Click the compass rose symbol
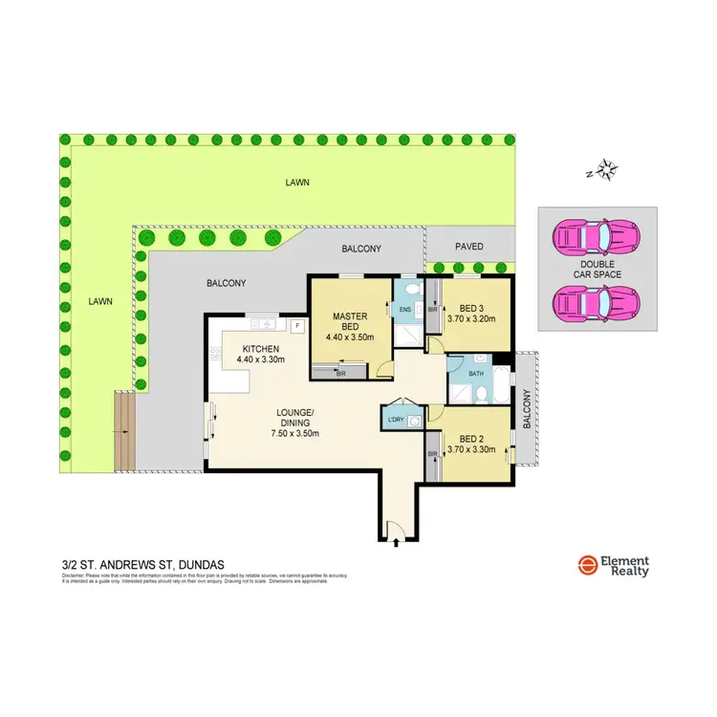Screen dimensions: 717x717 (x=605, y=172)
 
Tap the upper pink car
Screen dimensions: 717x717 (x=598, y=233)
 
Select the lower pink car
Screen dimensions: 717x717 (x=598, y=303)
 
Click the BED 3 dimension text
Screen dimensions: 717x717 (x=470, y=319)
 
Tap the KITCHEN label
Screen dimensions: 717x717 (x=260, y=348)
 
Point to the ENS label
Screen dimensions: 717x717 (x=404, y=310)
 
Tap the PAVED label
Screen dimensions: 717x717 (x=468, y=247)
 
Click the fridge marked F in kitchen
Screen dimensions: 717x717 (x=298, y=326)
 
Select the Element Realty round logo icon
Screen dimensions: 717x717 (x=587, y=565)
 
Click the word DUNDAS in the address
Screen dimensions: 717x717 (x=200, y=565)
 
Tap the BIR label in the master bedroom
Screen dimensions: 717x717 (x=341, y=375)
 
